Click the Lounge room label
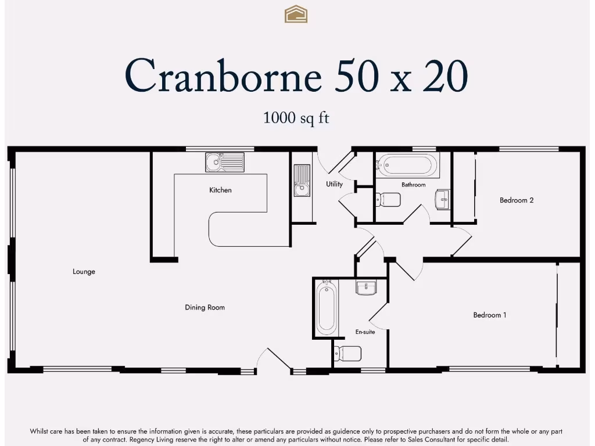84,272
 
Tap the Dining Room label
205,307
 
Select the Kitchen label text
220,190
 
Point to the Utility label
334,184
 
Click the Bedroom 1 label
489,315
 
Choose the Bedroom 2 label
516,200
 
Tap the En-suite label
365,332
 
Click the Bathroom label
413,185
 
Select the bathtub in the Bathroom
406,165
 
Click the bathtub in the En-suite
326,307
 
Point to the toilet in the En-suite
347,353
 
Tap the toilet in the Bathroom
388,200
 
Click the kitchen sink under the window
224,162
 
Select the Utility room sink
302,181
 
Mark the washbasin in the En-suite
366,287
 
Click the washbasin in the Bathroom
442,199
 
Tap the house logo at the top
296,14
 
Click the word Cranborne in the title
223,75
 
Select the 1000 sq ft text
296,117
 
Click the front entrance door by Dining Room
273,361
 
